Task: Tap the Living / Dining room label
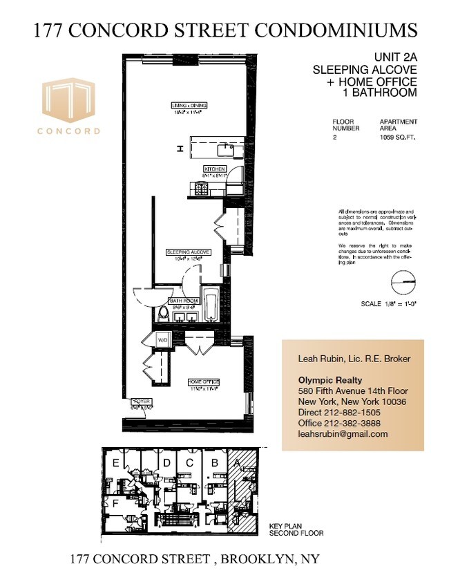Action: tap(190, 106)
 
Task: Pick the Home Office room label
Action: tap(204, 381)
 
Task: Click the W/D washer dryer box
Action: tap(163, 340)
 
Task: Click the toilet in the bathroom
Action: tap(163, 314)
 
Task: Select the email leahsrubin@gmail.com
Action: tap(343, 434)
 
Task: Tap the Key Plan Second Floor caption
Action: tap(295, 530)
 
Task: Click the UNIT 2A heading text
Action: tap(394, 60)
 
